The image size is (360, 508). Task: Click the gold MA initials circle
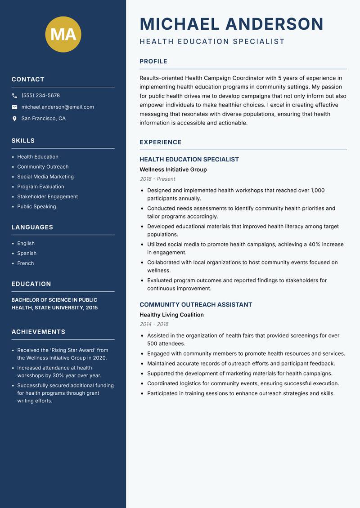[x=63, y=34]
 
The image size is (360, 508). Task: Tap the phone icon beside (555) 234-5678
[x=14, y=96]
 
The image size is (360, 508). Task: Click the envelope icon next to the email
[x=14, y=107]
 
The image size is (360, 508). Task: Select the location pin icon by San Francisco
[x=14, y=119]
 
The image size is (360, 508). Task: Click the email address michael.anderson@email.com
[x=58, y=107]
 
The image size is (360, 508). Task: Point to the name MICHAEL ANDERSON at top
[x=231, y=24]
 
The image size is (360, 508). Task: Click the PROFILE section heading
[x=153, y=62]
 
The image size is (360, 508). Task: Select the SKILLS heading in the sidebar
[x=23, y=141]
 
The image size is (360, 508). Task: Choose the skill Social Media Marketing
[x=45, y=177]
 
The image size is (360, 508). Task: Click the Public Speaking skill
[x=36, y=207]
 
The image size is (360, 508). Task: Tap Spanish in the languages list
[x=27, y=254]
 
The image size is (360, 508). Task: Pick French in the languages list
[x=25, y=263]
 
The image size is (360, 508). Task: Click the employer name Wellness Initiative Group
[x=173, y=170]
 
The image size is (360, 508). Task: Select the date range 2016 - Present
[x=157, y=179]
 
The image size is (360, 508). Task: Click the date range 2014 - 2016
[x=154, y=324]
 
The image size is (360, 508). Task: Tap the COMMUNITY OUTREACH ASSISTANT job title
[x=195, y=305]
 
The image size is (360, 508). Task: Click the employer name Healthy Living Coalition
[x=171, y=315]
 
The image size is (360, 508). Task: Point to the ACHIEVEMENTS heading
[x=38, y=332]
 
